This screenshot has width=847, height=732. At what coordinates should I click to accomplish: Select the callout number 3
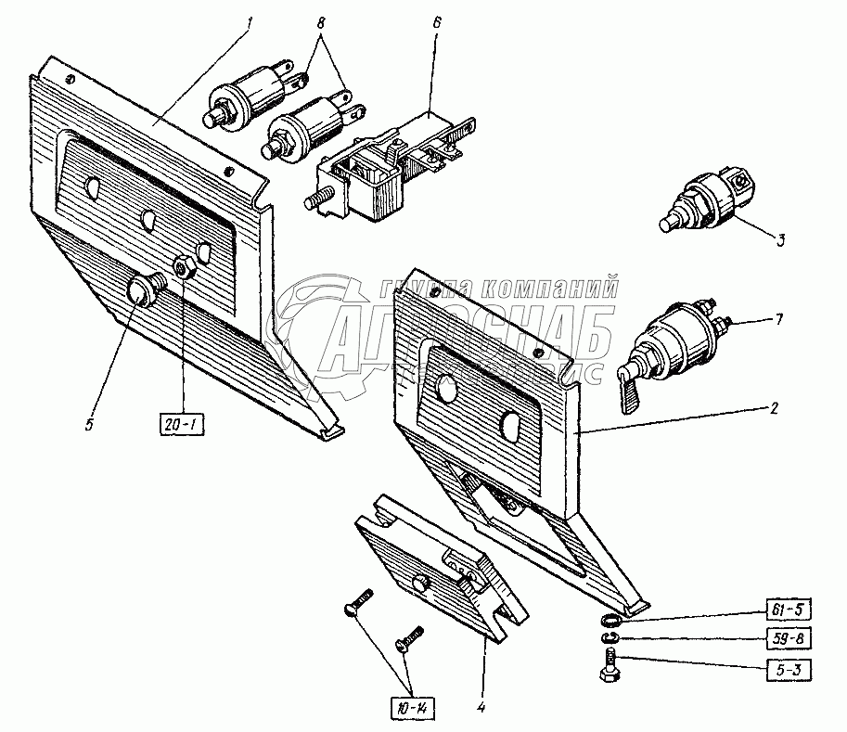(x=780, y=240)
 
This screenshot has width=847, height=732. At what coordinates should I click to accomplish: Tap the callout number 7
(x=779, y=320)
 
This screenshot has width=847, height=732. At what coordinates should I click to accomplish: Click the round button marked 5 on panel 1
(x=142, y=292)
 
